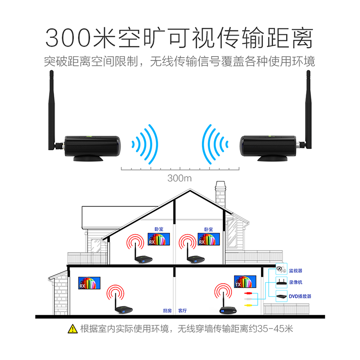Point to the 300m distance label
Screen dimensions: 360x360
point(180,178)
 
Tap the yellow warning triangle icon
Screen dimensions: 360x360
point(72,329)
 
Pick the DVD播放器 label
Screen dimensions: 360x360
point(299,296)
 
